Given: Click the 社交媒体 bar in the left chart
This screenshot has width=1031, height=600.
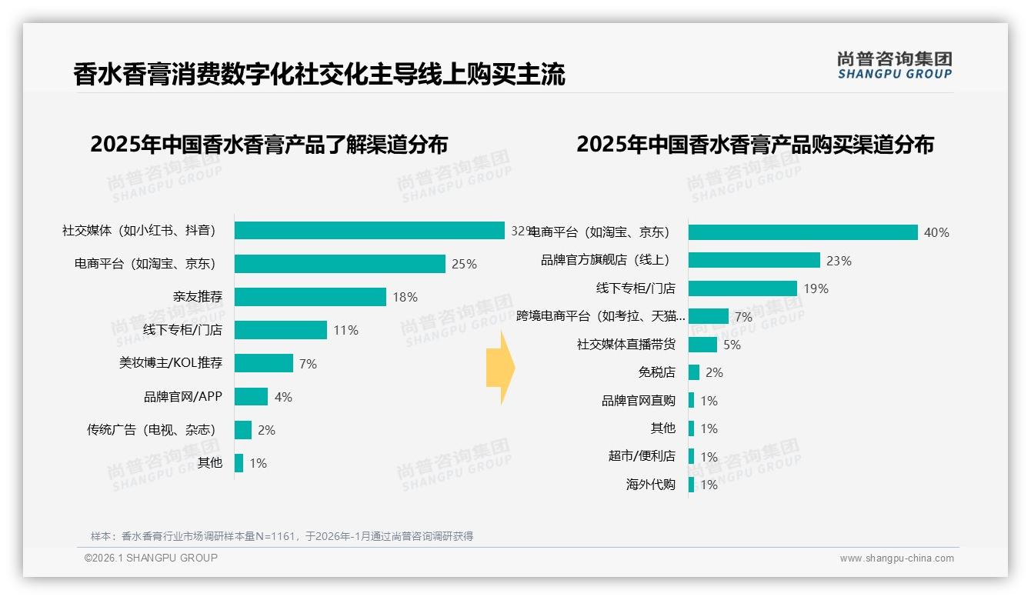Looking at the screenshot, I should coord(369,231).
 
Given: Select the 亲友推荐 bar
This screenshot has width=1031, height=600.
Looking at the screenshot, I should coord(310,297).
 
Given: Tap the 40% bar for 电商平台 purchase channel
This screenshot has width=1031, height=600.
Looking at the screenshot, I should coord(802,232).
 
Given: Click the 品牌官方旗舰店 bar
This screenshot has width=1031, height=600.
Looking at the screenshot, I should coord(754,261).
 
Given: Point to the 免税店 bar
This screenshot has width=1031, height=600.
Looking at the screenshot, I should coord(694,372).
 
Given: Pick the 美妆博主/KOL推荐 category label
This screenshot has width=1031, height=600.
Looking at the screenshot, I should coord(170,363).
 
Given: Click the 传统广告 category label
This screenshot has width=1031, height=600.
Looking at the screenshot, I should coord(151,430).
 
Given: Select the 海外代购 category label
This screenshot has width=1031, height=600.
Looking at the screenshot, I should coord(650,485).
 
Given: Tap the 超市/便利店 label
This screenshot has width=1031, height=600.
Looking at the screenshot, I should coord(642,456).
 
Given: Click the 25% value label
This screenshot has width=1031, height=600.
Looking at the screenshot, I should coord(464,264).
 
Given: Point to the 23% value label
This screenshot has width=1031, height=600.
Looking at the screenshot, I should coord(839,261).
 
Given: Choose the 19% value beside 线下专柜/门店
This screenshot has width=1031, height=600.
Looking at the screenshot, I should coord(816,288).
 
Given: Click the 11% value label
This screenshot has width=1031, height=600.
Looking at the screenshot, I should coord(345,330).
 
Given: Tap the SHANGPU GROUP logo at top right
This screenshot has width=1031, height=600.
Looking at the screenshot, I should coord(894,65).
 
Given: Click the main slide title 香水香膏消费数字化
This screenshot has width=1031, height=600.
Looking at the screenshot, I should coord(319,75).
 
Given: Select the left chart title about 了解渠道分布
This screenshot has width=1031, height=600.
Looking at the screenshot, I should coord(269,145).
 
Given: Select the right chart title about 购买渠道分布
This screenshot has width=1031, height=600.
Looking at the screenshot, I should coord(755,145).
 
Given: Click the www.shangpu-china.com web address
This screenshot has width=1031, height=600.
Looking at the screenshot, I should coord(896,558).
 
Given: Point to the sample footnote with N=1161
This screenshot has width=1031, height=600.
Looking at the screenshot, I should coord(282,536).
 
